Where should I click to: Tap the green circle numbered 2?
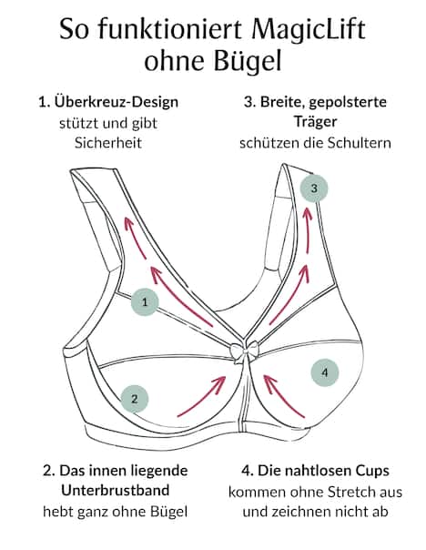click(135, 398)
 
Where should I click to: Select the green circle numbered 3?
click(314, 188)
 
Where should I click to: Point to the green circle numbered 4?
click(325, 371)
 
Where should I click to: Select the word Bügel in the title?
click(248, 62)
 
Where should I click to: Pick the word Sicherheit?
click(108, 143)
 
